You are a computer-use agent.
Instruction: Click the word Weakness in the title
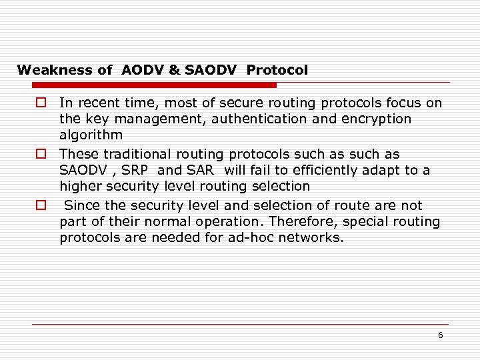[x=45, y=70]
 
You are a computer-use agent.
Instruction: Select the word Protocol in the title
[x=277, y=70]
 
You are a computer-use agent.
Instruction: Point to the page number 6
[x=440, y=335]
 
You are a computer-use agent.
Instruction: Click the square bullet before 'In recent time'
[x=41, y=103]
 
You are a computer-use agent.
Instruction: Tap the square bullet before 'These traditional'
[x=41, y=154]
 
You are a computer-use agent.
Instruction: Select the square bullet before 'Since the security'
[x=41, y=205]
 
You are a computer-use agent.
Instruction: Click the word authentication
[x=247, y=119]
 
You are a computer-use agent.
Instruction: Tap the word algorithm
[x=91, y=135]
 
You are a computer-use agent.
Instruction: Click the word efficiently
[x=316, y=171]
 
